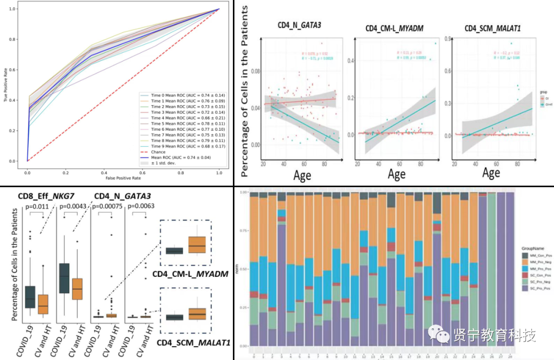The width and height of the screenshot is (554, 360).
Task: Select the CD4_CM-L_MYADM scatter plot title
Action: click(x=394, y=28)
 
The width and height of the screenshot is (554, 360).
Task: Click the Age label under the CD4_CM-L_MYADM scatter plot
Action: click(x=397, y=174)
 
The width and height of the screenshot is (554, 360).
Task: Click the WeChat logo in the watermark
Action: click(x=440, y=335)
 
